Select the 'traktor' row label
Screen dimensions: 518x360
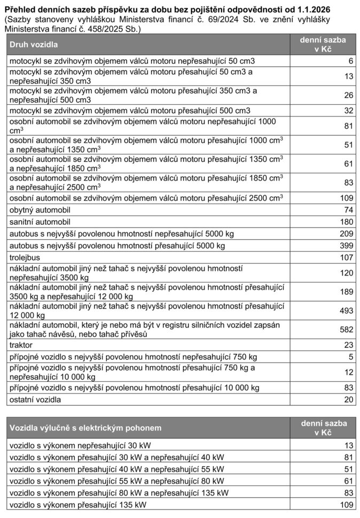point(22,345)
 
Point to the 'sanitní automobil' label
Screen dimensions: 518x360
point(40,222)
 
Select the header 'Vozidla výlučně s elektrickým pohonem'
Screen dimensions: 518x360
point(85,428)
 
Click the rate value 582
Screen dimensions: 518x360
point(347,330)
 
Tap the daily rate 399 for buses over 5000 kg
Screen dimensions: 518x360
point(347,246)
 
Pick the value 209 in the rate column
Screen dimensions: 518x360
point(347,234)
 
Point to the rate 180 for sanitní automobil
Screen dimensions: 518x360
point(347,222)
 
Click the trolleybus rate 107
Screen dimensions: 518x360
point(347,257)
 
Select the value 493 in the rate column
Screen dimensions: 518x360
point(347,310)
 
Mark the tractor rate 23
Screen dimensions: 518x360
point(349,345)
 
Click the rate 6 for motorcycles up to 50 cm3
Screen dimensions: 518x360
point(351,61)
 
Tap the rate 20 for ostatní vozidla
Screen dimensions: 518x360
point(349,399)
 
